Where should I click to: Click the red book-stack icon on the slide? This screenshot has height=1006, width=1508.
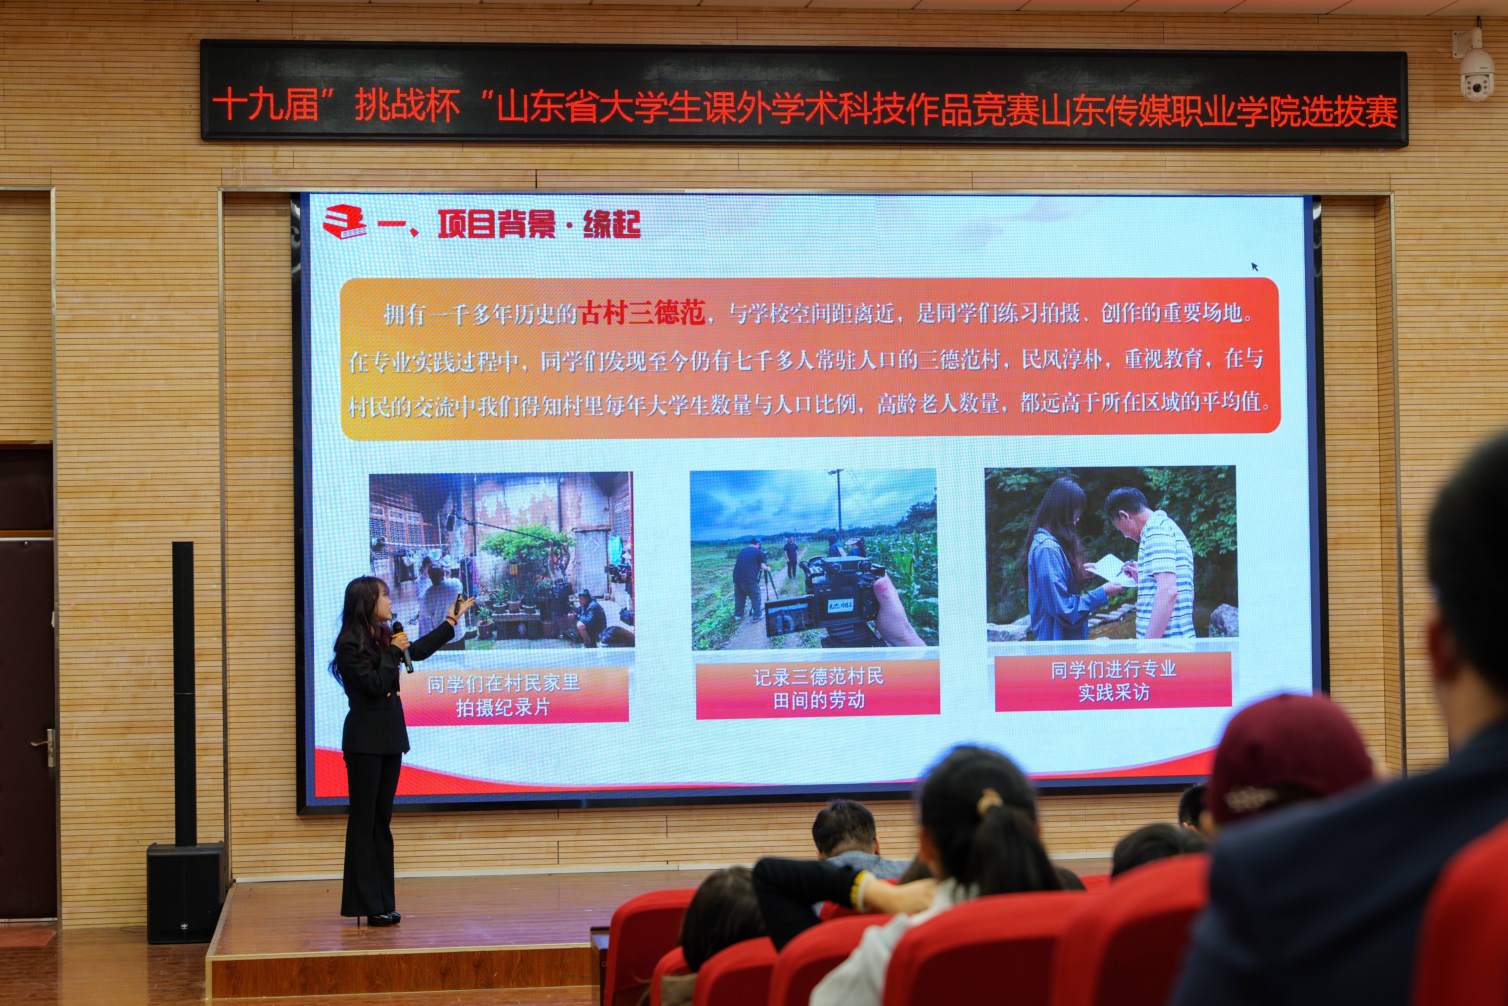pos(344,222)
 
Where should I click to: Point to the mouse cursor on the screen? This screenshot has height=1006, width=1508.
pos(1255,266)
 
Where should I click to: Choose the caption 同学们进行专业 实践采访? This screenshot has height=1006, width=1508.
pos(1114,681)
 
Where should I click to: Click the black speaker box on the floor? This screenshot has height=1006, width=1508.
pos(186,892)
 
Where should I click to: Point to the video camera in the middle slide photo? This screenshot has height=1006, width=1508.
pos(827,597)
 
